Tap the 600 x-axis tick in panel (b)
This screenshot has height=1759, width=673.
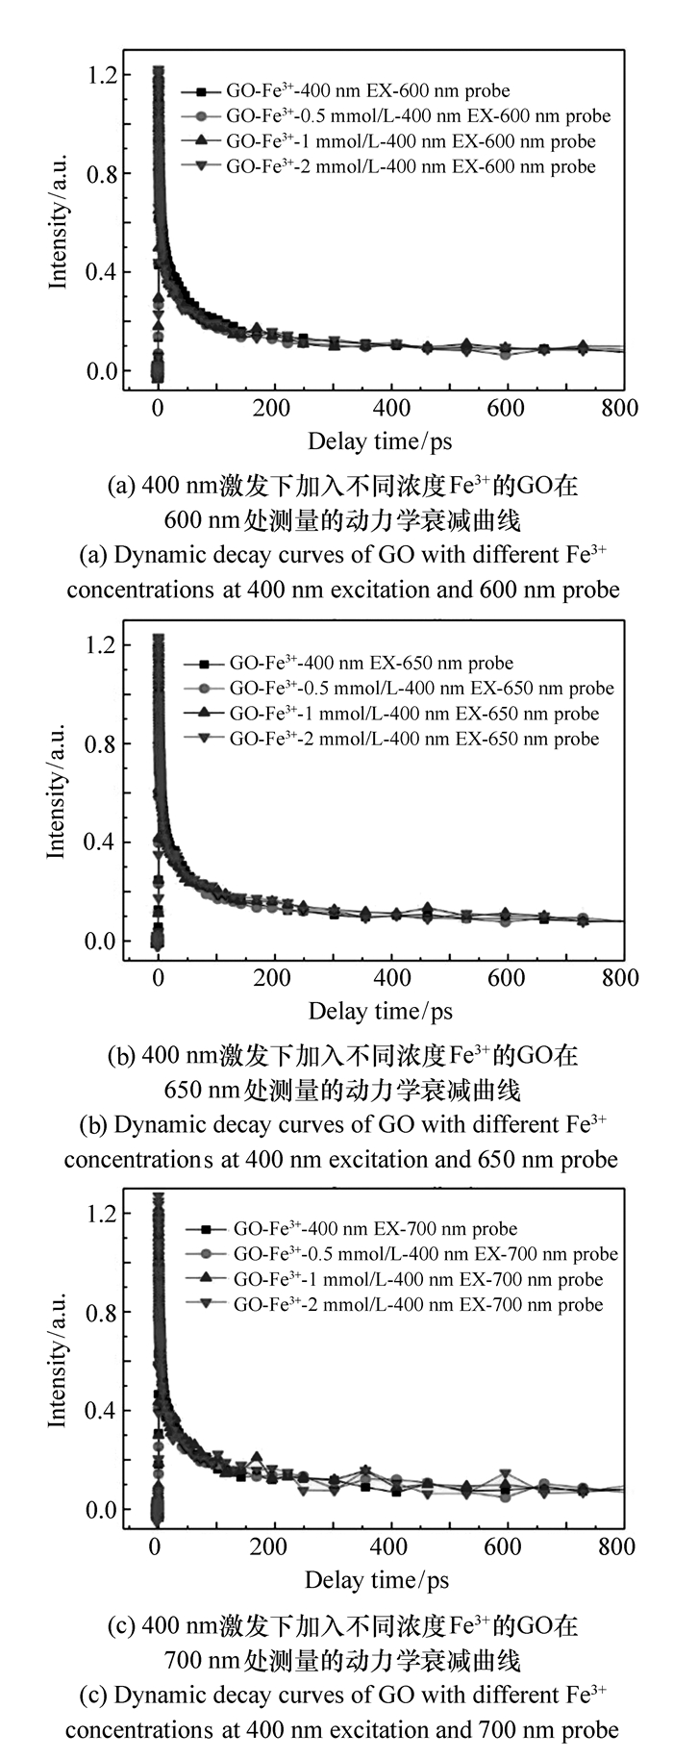pos(507,977)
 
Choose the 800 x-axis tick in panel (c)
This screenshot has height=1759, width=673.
pos(617,1546)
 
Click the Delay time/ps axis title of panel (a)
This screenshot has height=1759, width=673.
pos(380,441)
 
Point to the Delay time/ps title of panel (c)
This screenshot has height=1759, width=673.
pos(377,1580)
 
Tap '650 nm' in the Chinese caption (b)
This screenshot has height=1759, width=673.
pos(192,1091)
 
